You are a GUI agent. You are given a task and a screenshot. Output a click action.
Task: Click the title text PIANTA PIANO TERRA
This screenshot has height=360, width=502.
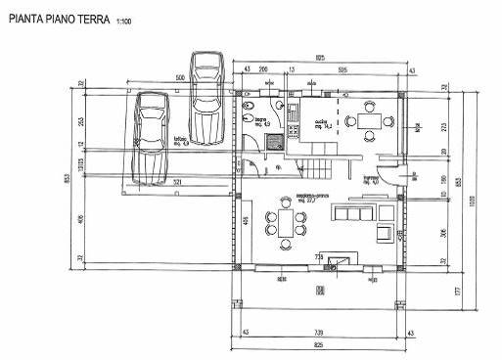click(58, 19)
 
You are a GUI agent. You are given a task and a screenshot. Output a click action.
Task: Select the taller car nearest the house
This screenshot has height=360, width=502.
click(206, 97)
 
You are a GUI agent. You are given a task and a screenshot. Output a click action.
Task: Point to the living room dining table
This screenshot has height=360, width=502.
click(285, 224)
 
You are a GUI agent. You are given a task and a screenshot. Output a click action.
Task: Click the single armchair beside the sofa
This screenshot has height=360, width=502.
click(384, 232)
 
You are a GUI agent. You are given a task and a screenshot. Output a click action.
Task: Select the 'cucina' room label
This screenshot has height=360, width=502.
click(321, 122)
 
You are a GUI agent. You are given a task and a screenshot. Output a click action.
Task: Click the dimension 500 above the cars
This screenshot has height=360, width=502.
click(181, 78)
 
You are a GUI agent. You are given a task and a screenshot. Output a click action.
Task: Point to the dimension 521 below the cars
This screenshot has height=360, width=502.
click(176, 183)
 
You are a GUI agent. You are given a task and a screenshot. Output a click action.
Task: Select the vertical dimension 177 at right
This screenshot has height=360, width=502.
click(457, 292)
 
